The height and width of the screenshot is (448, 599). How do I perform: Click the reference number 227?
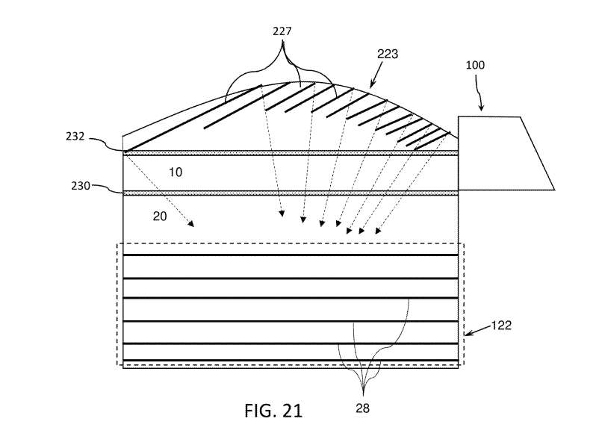coord(282,31)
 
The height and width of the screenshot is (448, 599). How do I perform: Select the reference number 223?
coord(388,54)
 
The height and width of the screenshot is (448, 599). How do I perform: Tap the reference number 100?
coord(474,65)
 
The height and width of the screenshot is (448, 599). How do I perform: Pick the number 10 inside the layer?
coord(175,172)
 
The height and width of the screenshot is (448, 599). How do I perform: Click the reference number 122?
coord(501,326)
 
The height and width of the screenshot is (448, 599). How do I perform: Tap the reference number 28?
coord(362,408)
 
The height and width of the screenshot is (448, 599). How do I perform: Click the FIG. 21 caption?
coord(273,411)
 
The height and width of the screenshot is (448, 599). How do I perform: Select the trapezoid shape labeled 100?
coord(500,153)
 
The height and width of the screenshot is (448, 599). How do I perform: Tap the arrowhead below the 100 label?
coord(482,109)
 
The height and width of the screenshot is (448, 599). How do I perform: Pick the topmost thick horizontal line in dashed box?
coord(290,255)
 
